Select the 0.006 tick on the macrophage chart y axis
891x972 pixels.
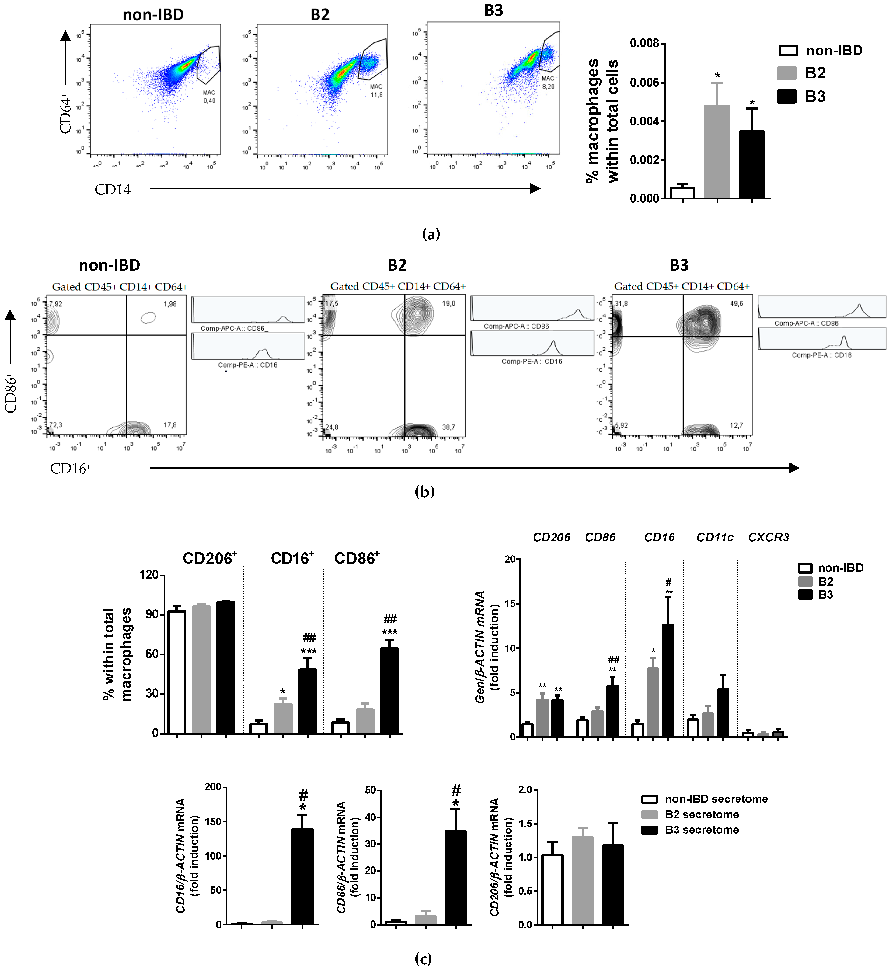tap(645, 82)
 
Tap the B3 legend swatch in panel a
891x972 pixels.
tap(786, 96)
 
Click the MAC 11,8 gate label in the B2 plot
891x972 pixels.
tap(376, 91)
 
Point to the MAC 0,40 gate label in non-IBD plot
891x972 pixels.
tap(209, 96)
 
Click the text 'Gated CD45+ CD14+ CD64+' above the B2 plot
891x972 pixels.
tap(398, 286)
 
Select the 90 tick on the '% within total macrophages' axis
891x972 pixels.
tap(152, 614)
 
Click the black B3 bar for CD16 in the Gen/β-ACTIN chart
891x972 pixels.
tap(668, 680)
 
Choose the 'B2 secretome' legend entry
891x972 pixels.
tap(701, 814)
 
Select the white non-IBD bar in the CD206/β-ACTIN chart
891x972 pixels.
tap(552, 890)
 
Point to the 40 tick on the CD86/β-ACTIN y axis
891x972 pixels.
tap(371, 817)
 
